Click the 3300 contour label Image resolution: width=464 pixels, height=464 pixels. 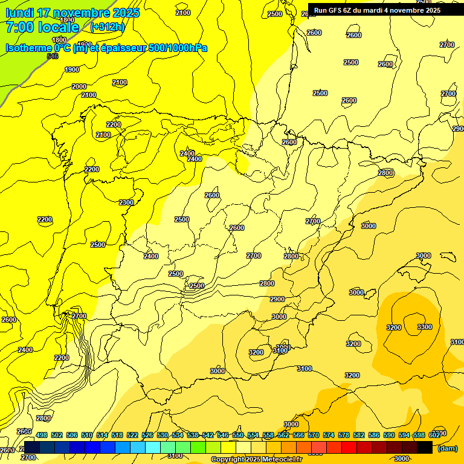[425, 327]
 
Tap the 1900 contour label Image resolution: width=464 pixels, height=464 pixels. [72, 69]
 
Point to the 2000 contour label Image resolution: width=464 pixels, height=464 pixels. [79, 86]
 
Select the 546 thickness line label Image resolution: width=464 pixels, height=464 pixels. [53, 56]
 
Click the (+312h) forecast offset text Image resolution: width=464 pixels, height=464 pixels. [108, 27]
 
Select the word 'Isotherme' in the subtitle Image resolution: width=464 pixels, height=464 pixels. [28, 48]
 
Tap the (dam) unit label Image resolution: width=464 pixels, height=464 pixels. [447, 448]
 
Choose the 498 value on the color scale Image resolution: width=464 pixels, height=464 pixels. [42, 435]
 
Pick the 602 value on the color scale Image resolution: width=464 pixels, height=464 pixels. [434, 435]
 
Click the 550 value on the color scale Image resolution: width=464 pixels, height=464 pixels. [238, 435]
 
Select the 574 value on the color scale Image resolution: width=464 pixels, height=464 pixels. [329, 435]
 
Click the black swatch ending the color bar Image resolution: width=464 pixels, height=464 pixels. [425, 447]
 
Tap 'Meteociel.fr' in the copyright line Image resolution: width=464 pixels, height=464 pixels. [280, 460]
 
